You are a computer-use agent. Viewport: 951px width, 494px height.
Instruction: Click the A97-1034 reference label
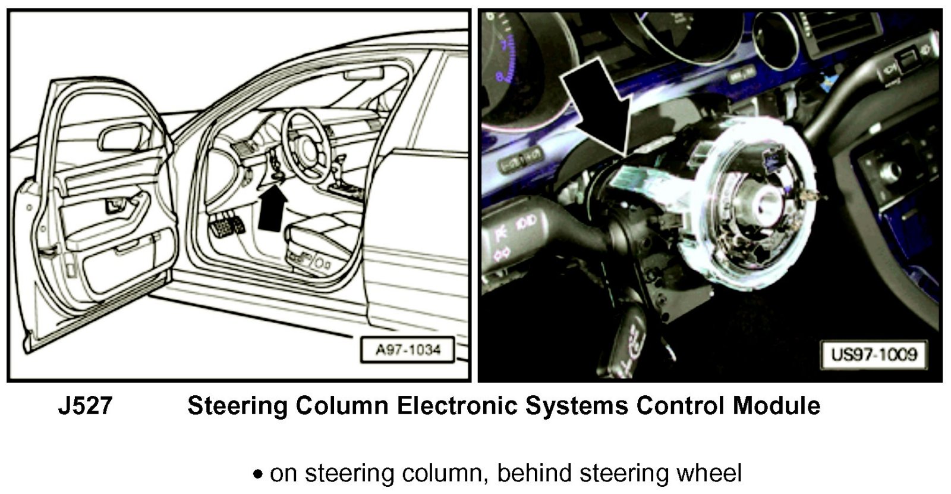408,349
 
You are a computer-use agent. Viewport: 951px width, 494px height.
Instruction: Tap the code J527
85,406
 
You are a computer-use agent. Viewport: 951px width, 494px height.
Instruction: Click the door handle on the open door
113,206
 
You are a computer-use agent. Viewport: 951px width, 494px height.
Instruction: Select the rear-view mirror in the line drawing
363,74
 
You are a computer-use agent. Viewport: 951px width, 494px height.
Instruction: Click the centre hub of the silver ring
758,205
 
